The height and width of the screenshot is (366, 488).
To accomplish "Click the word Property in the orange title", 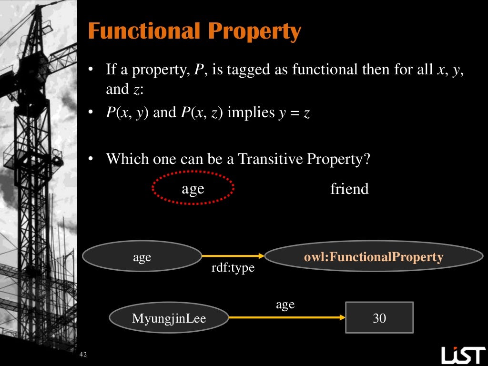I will [254, 32].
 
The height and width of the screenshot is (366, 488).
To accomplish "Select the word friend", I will [349, 189].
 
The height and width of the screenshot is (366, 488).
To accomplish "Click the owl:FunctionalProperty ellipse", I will [374, 257].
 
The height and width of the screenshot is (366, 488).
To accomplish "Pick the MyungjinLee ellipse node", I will [169, 318].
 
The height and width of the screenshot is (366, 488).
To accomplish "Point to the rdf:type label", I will [233, 268].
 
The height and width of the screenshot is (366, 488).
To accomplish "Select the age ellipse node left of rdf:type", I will [142, 257].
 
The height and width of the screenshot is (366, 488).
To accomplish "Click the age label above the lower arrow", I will [285, 305].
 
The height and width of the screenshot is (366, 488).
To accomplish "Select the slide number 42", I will [84, 354].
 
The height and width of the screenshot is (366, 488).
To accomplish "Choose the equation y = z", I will [294, 114].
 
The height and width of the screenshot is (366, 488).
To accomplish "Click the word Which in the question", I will [122, 158].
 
